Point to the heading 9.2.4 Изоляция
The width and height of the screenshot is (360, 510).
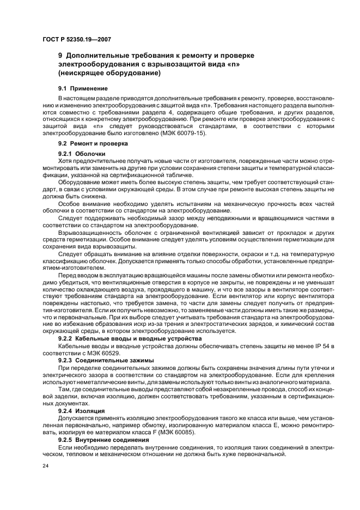point(86,410)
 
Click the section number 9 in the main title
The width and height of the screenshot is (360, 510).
point(60,56)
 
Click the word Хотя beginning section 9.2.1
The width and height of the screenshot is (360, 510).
point(65,161)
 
